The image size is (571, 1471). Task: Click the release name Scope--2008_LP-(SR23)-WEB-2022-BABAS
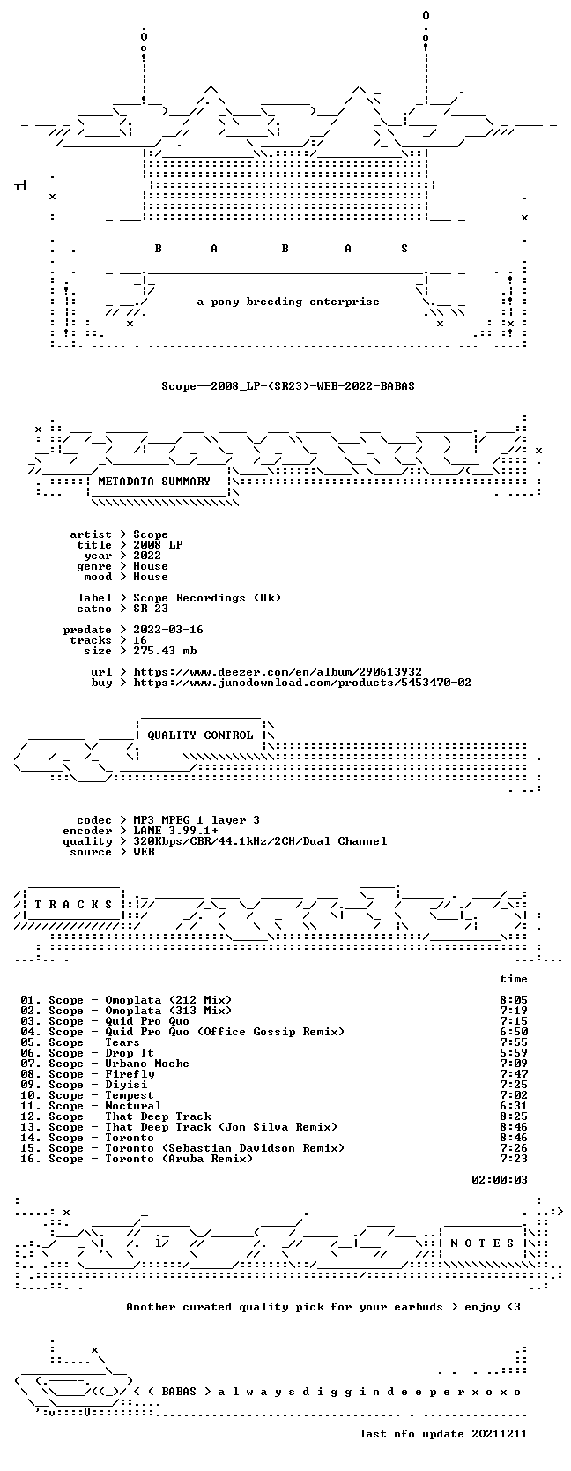tap(288, 386)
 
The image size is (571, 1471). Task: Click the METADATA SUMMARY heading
tap(154, 482)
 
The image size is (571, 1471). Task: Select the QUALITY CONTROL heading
tap(200, 735)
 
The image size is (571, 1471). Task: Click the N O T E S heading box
tap(482, 1243)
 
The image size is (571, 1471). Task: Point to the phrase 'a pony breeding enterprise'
tap(288, 302)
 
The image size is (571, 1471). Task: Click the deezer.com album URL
tap(278, 672)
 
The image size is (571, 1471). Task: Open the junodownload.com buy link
tap(302, 683)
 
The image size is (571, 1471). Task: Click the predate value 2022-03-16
tap(168, 630)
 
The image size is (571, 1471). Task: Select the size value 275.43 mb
tap(165, 651)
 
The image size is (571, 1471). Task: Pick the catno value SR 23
tap(151, 609)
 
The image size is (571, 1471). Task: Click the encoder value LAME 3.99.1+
tap(175, 831)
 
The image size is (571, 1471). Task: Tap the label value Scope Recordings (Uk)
tap(207, 598)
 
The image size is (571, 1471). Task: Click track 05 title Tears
tap(122, 1042)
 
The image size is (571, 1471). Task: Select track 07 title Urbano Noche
tap(147, 1064)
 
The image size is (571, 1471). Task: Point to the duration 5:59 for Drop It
tap(514, 1053)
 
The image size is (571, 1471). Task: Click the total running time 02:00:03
tap(500, 1179)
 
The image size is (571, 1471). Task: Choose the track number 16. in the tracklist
tap(31, 1159)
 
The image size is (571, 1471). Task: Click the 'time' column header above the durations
tap(514, 979)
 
